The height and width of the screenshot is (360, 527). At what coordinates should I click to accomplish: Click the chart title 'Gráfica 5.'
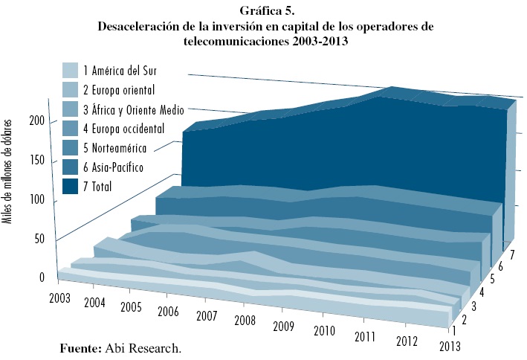(264, 11)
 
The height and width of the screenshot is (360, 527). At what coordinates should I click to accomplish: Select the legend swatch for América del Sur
(71, 71)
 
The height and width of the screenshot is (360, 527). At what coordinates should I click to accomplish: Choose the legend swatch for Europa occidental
(71, 129)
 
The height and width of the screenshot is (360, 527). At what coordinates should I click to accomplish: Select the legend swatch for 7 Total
(71, 187)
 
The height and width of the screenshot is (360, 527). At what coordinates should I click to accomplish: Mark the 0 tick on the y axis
(42, 277)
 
